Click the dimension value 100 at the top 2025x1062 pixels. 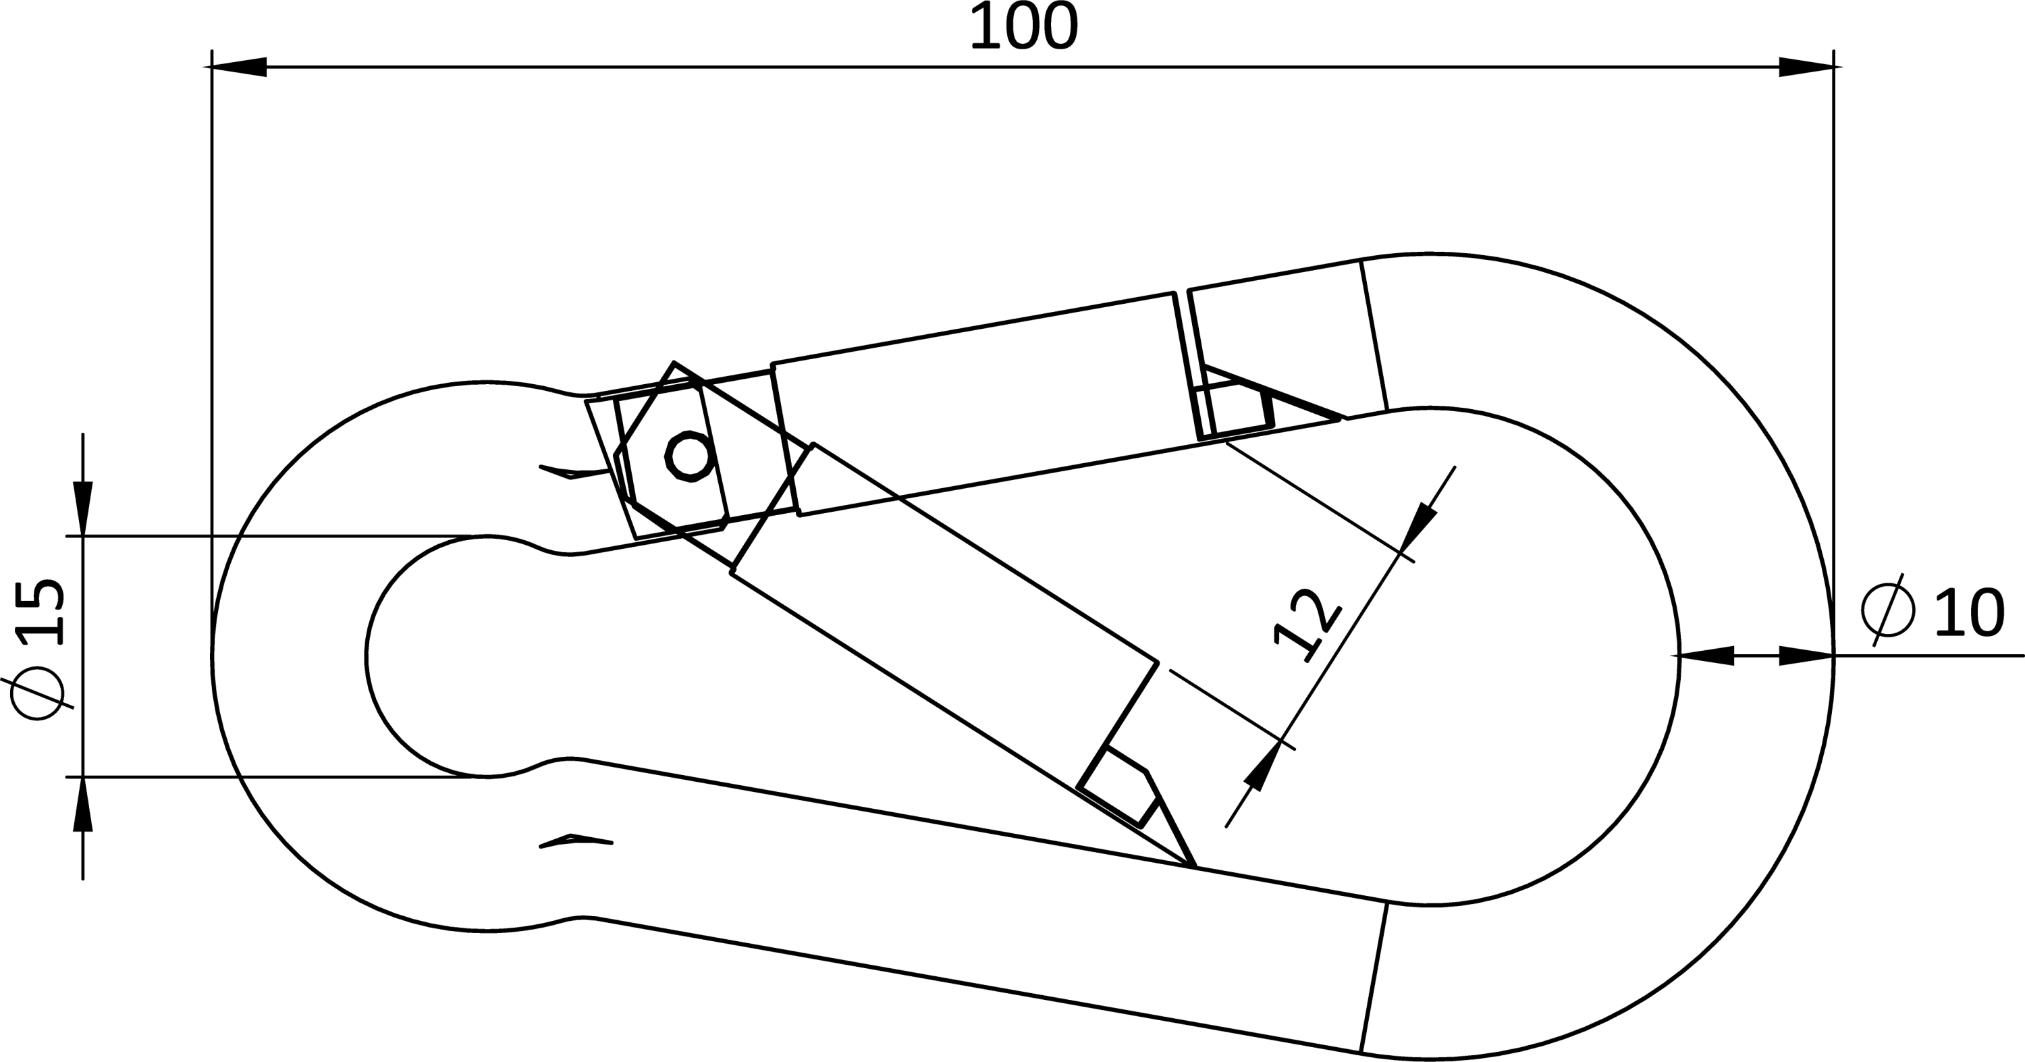pyautogui.click(x=1024, y=27)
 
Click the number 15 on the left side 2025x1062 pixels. pyautogui.click(x=41, y=612)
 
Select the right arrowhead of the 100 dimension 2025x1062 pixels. pyautogui.click(x=1806, y=67)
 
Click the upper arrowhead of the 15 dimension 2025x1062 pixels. pyautogui.click(x=82, y=508)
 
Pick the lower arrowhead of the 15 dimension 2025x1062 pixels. pyautogui.click(x=82, y=804)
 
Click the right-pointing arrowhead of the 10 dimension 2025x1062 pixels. pyautogui.click(x=1806, y=655)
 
